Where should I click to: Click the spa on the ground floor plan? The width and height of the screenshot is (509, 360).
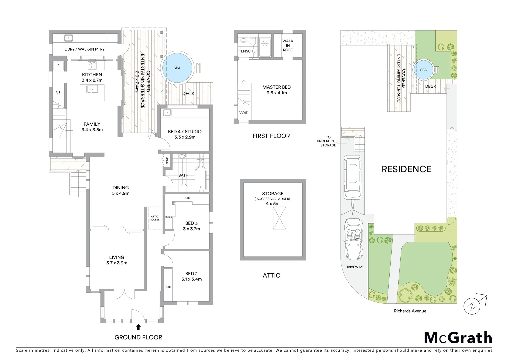[177, 68]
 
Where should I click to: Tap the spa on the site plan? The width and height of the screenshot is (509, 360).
[423, 70]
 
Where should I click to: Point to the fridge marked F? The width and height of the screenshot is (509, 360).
[58, 66]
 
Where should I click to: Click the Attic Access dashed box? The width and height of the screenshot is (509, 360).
[154, 218]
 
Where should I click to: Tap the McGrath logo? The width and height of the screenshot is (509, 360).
[458, 338]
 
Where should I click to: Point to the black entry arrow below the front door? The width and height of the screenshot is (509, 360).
[138, 327]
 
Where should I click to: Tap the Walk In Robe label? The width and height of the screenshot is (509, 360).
[288, 46]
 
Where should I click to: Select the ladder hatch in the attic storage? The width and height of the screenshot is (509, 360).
[279, 218]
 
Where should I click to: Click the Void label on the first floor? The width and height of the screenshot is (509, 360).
[244, 113]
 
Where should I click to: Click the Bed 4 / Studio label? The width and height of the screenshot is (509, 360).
[185, 134]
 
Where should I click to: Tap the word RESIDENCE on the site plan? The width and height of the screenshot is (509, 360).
[406, 169]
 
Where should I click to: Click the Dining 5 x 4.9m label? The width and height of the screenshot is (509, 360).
[121, 190]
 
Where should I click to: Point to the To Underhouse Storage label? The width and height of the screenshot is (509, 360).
[328, 141]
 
